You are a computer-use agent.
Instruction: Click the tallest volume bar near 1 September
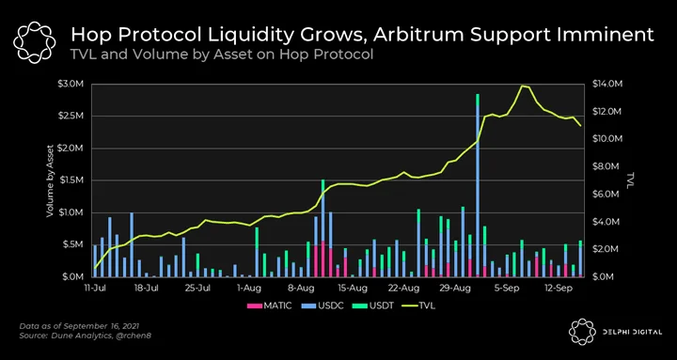pos(478,185)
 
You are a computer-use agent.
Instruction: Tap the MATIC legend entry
pos(270,306)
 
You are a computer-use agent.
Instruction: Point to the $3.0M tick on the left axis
pos(71,84)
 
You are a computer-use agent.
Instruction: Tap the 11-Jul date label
pos(95,287)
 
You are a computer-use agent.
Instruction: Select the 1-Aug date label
pos(246,287)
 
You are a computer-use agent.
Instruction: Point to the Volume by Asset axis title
pos(50,180)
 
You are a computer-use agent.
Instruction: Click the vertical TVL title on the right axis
pos(631,180)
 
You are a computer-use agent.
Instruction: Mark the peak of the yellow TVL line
pos(523,86)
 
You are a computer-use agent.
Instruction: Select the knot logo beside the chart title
pos(35,41)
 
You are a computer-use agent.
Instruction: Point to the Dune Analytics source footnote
pos(85,336)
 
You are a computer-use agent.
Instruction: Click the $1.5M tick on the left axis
pos(71,180)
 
